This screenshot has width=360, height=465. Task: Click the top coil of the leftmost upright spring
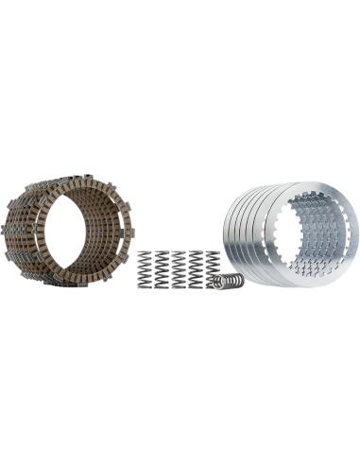pos(147,252)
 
